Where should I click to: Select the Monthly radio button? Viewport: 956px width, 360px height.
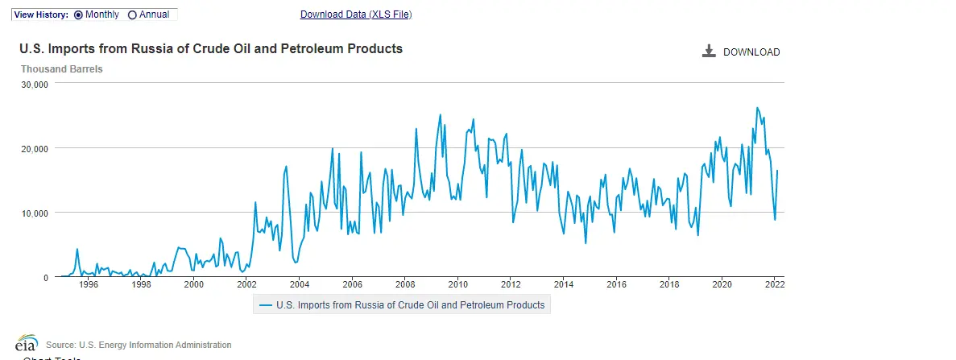[79, 14]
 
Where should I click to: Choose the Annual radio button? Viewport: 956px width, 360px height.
[133, 14]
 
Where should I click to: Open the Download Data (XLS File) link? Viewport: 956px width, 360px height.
[356, 14]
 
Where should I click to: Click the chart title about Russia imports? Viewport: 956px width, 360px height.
[211, 49]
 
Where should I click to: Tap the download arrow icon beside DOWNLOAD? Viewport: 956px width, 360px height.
[709, 52]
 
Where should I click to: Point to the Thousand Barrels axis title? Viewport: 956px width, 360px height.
[61, 69]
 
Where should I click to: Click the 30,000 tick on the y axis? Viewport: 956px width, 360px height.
[35, 84]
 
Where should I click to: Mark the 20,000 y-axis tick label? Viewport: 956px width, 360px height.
[35, 148]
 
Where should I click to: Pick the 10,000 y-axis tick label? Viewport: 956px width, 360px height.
[35, 213]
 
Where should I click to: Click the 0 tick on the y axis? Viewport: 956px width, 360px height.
[47, 277]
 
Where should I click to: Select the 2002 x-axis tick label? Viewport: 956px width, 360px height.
[246, 283]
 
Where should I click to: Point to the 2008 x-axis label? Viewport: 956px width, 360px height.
[405, 283]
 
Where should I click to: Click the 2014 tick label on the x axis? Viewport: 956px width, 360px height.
[564, 283]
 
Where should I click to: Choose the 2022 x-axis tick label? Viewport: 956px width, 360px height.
[775, 283]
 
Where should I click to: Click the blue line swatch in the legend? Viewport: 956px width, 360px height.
[264, 305]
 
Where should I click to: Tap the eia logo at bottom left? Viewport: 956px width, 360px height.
[27, 343]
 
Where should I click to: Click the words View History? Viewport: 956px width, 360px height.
[40, 14]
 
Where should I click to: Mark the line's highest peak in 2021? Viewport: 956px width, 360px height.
[757, 107]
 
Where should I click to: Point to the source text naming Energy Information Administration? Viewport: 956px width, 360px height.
[139, 345]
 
